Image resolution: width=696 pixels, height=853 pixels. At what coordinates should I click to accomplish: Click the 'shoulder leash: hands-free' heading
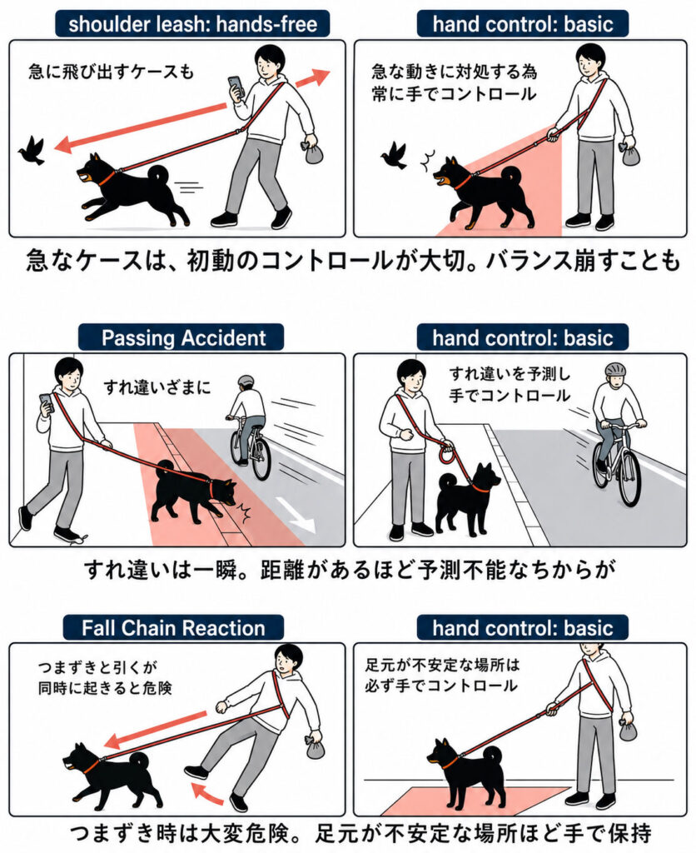click(192, 24)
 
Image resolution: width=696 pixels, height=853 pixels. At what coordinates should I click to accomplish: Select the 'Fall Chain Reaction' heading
click(173, 628)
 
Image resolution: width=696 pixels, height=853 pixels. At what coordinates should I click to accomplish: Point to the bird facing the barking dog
click(394, 156)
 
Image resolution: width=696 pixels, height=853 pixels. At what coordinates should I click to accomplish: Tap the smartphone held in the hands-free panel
click(236, 86)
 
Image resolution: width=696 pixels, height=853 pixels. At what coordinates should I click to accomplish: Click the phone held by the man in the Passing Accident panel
click(46, 402)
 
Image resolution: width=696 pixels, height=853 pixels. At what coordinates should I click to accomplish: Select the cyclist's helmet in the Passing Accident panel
click(246, 381)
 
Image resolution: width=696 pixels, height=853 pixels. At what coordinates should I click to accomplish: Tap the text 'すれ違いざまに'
click(157, 387)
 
